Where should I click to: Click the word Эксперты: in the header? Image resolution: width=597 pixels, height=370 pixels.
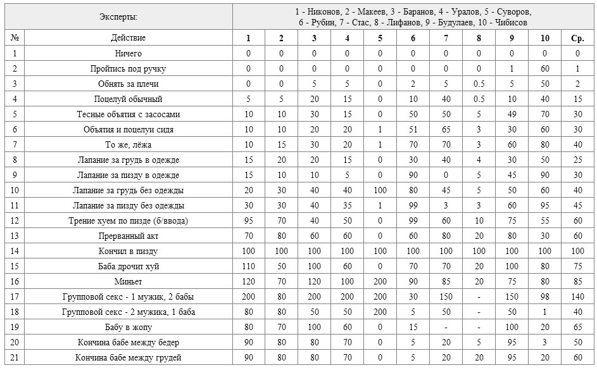point(118,16)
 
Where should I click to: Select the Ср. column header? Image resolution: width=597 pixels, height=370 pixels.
point(577,38)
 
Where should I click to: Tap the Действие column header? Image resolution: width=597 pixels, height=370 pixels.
point(128,38)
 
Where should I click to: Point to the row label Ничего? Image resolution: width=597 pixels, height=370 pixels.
point(128,53)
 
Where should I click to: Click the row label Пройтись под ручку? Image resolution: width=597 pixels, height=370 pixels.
point(128,68)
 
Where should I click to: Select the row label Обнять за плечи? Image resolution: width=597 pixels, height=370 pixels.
point(128,84)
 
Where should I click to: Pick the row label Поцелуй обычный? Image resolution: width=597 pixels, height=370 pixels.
point(128,99)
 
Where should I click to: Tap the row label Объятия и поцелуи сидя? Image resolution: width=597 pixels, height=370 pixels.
point(128,129)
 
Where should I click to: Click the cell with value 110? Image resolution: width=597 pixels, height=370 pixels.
point(249,266)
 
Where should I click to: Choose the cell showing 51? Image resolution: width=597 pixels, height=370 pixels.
point(413,129)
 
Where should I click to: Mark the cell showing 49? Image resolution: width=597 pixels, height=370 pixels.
point(512,114)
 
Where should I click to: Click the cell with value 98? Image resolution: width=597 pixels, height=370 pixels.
point(544,297)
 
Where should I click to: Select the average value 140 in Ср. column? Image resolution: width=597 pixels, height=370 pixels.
point(577,297)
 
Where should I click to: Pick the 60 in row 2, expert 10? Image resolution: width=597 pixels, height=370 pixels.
point(544,68)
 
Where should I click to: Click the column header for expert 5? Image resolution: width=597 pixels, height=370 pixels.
point(380,38)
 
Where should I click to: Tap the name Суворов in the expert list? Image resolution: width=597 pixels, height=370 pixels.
point(514,11)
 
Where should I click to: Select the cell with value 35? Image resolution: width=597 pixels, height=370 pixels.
point(347,205)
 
